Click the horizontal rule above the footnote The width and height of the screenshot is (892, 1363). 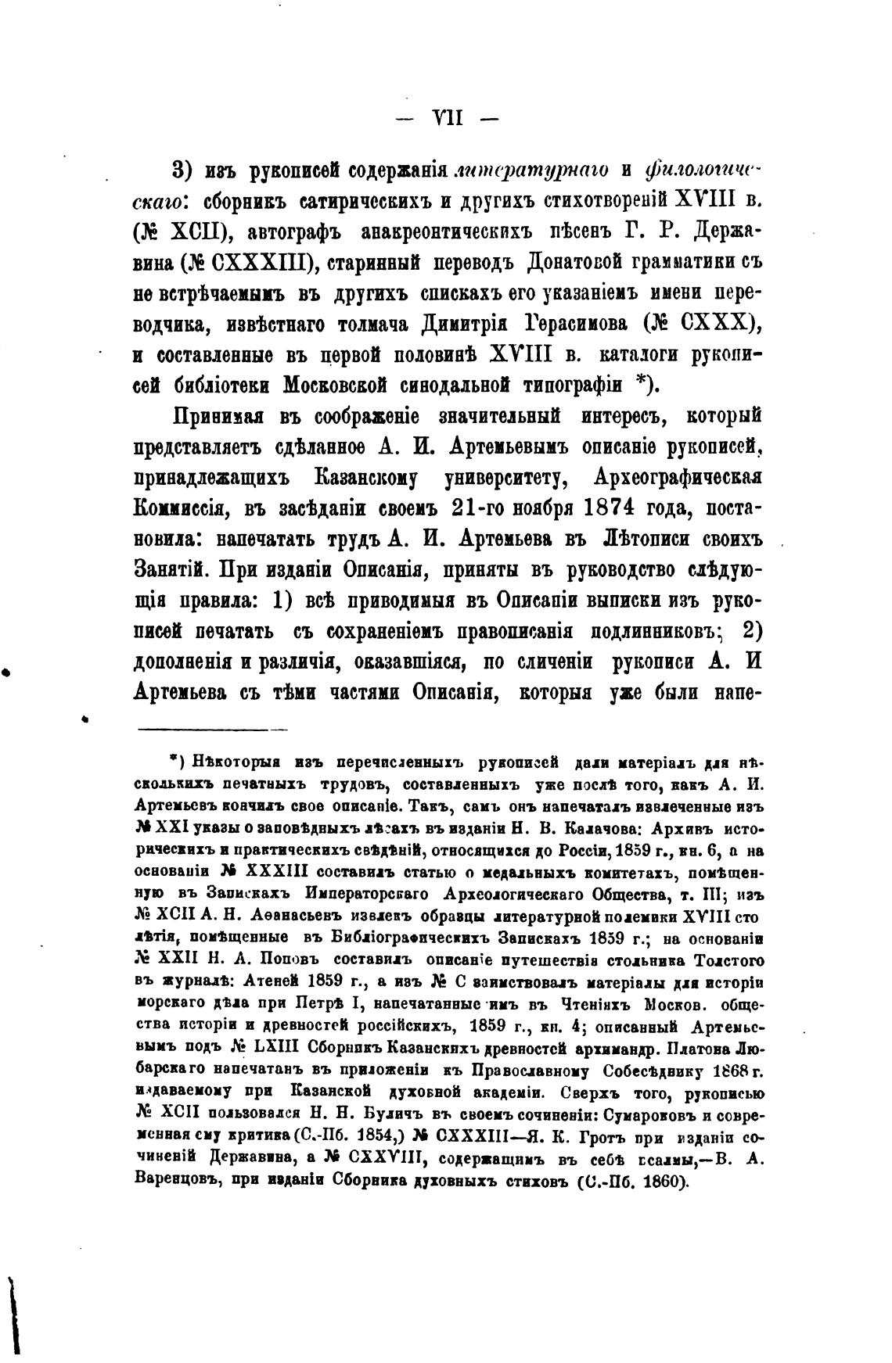[213, 730]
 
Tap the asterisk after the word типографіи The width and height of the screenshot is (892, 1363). [644, 384]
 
